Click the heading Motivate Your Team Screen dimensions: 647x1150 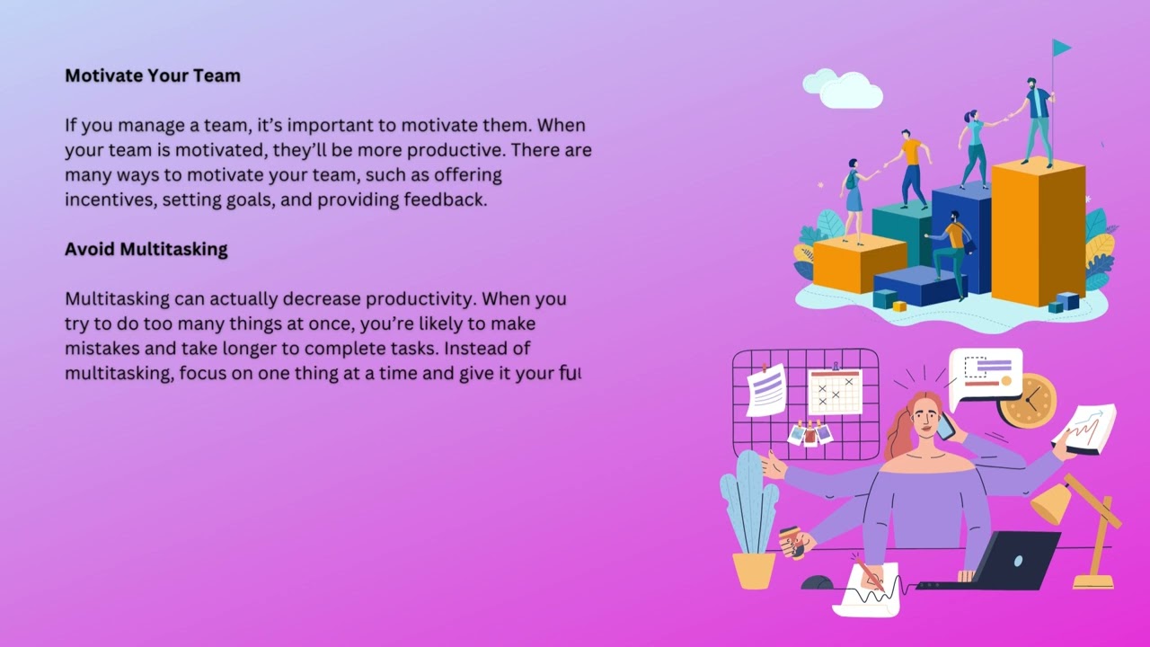point(153,75)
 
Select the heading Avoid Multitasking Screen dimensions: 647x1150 point(146,249)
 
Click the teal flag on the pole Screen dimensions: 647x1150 point(1061,48)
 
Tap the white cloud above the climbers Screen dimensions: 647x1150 point(845,88)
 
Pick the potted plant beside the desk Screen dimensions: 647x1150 point(751,521)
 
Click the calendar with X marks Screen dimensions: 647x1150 point(835,392)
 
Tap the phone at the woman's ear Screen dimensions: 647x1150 point(944,426)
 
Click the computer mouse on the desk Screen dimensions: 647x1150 point(817,583)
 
